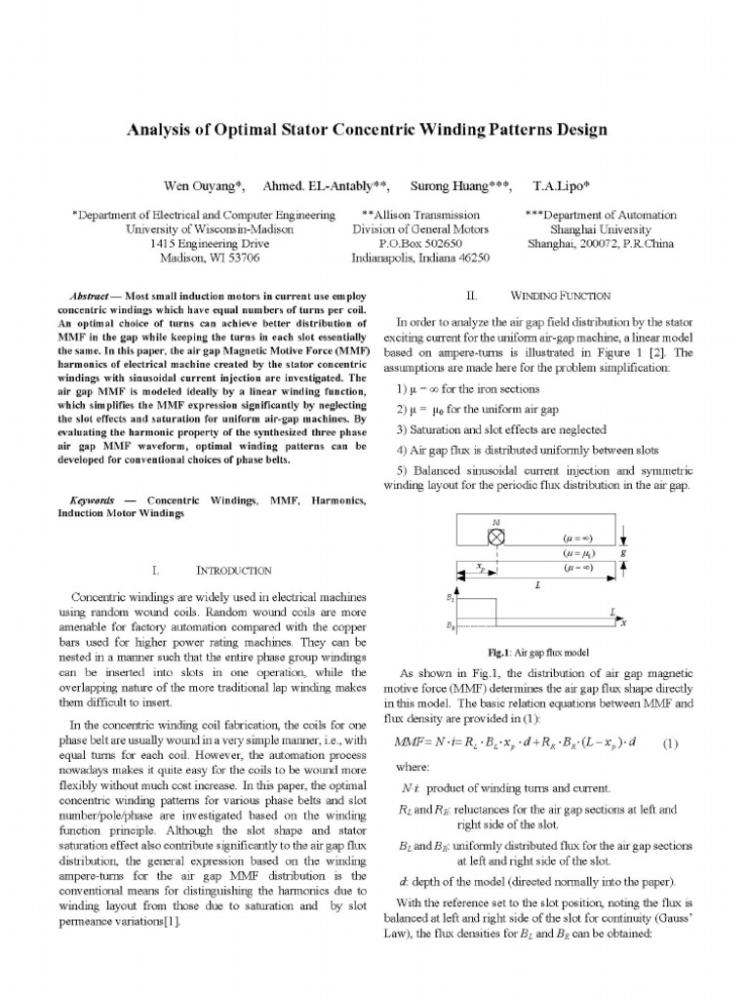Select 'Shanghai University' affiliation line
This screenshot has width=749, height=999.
point(600,229)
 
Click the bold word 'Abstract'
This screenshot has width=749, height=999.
point(96,295)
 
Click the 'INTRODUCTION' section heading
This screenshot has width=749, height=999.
point(234,570)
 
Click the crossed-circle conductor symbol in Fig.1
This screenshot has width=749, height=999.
point(495,537)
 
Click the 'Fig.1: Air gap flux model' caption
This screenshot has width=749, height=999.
point(535,653)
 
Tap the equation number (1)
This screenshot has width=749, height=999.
point(669,742)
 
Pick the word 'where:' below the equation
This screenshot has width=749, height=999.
point(413,767)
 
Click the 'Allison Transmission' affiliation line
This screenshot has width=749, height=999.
point(419,215)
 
